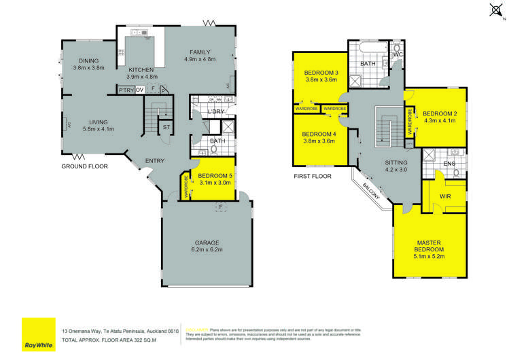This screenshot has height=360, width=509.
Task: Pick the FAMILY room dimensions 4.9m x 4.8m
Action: click(x=199, y=60)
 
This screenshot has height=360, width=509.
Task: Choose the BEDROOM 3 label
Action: click(x=320, y=72)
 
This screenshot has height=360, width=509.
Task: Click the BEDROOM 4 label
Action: click(x=320, y=134)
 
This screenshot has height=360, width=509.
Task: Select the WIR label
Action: click(x=446, y=196)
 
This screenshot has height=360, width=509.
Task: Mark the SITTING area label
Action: click(x=396, y=163)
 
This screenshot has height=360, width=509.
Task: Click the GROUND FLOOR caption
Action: click(x=85, y=166)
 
